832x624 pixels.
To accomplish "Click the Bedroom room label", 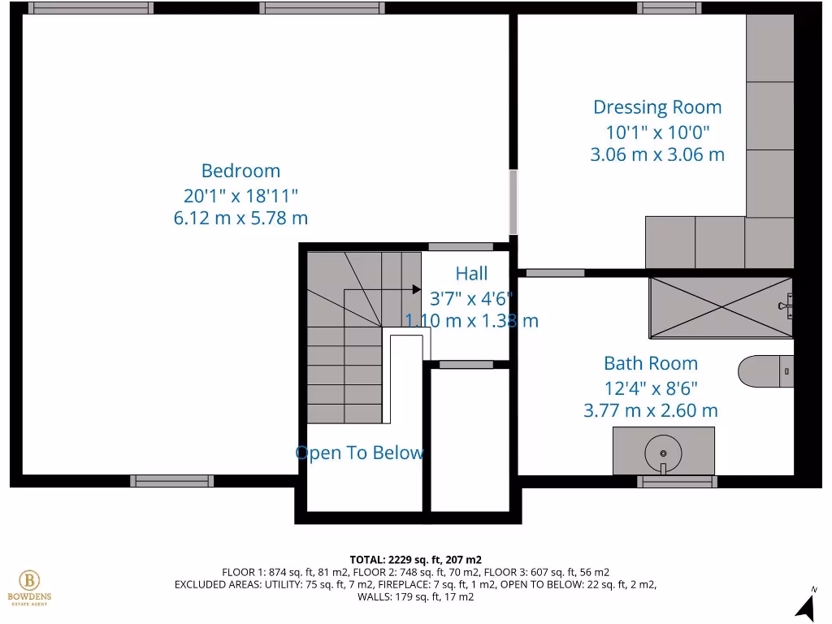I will point(240,171).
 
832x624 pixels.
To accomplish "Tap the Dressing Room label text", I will point(656,107).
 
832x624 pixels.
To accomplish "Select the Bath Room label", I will point(650,363).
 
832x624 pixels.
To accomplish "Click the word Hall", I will point(471,273).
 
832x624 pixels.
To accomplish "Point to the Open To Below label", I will point(359,453).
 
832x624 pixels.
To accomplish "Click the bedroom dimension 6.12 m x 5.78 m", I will point(240,218).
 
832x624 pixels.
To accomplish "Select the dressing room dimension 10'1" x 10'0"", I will point(656,132).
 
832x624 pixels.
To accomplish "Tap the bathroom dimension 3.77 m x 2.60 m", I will point(650,410).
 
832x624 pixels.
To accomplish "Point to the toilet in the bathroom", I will point(764,371).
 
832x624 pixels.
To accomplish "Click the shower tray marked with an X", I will point(720,307).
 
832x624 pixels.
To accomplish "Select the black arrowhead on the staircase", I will point(415,288).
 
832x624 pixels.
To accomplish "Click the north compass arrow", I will point(805,604).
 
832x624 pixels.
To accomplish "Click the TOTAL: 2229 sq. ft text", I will point(415,560).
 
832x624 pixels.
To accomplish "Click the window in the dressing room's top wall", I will point(669,8).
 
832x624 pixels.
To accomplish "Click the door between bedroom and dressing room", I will point(513,201).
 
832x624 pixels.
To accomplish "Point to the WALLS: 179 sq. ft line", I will point(415,596).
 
